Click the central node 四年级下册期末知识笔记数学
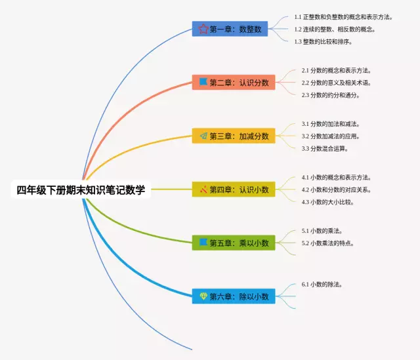[x=83, y=190]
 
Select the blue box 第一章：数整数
[x=230, y=29]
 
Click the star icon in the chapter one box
[x=203, y=29]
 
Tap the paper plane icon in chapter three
[x=203, y=136]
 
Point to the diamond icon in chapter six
[x=203, y=296]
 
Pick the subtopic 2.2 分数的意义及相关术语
[x=336, y=83]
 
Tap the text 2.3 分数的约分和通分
[x=331, y=95]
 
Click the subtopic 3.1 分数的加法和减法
[x=331, y=124]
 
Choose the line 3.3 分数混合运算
[x=325, y=149]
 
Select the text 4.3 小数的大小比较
[x=328, y=202]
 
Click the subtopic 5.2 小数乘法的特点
[x=328, y=243]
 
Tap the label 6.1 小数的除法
[x=322, y=285]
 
